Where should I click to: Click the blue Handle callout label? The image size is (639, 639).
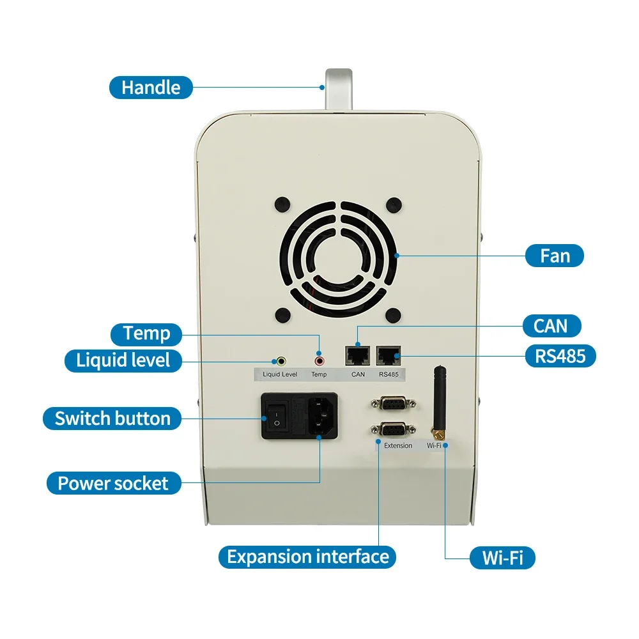pyautogui.click(x=151, y=87)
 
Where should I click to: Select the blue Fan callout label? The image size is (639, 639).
pyautogui.click(x=555, y=256)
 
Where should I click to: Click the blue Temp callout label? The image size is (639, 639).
pyautogui.click(x=147, y=333)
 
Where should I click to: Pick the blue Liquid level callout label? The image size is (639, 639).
pyautogui.click(x=123, y=360)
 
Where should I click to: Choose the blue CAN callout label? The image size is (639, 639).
pyautogui.click(x=550, y=325)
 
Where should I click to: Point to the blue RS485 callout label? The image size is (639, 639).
pyautogui.click(x=559, y=355)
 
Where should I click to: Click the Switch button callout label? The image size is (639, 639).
pyautogui.click(x=112, y=419)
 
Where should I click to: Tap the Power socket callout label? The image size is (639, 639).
pyautogui.click(x=114, y=483)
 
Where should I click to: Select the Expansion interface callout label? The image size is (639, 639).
pyautogui.click(x=307, y=556)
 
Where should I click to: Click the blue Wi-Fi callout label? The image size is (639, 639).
pyautogui.click(x=502, y=557)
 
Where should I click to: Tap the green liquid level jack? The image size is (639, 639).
pyautogui.click(x=279, y=362)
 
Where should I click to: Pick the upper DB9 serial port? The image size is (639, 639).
pyautogui.click(x=391, y=404)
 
